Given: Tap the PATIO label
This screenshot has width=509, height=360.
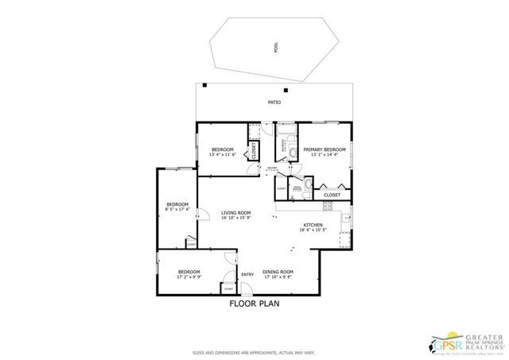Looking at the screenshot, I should [x=274, y=103].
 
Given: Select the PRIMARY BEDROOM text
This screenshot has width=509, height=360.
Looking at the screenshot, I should [x=324, y=149].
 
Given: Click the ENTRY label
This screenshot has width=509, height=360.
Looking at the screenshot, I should [x=247, y=275].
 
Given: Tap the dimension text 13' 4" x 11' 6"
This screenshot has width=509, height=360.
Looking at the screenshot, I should [x=223, y=156].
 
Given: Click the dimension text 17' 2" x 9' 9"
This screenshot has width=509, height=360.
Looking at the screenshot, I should [x=188, y=277].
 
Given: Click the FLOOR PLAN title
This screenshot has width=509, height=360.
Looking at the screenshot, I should [x=254, y=303].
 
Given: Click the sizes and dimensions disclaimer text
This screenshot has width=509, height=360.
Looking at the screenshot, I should [x=254, y=352].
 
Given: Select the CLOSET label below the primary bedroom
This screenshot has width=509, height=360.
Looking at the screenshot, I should [x=332, y=195].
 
